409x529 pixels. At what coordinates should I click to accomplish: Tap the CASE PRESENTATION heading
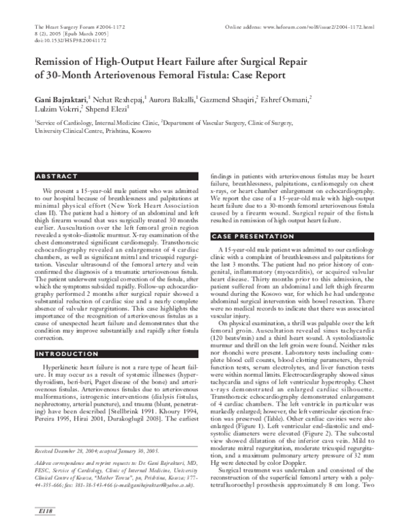(x=249, y=236)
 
